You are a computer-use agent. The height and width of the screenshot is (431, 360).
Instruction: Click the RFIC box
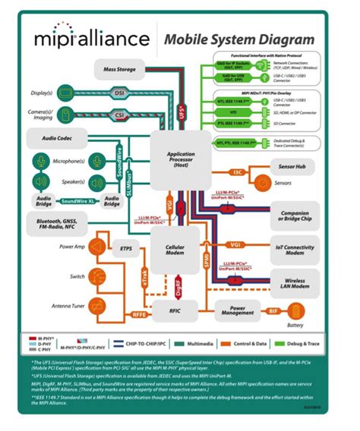pyautogui.click(x=172, y=309)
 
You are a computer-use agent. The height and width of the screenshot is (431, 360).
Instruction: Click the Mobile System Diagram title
pyautogui.click(x=236, y=38)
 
